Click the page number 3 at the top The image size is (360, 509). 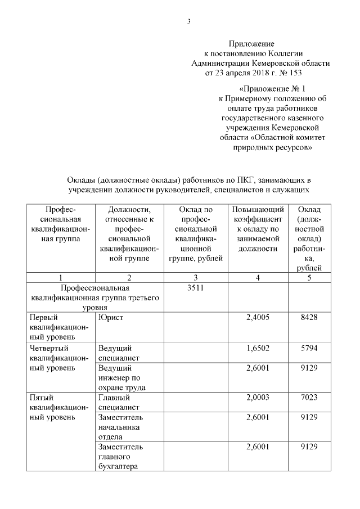[189, 21]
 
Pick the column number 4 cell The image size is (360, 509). [258, 277]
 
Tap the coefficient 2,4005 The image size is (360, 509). [258, 317]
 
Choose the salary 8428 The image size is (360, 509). [309, 317]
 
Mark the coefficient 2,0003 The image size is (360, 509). [258, 398]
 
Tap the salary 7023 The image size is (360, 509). [309, 398]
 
